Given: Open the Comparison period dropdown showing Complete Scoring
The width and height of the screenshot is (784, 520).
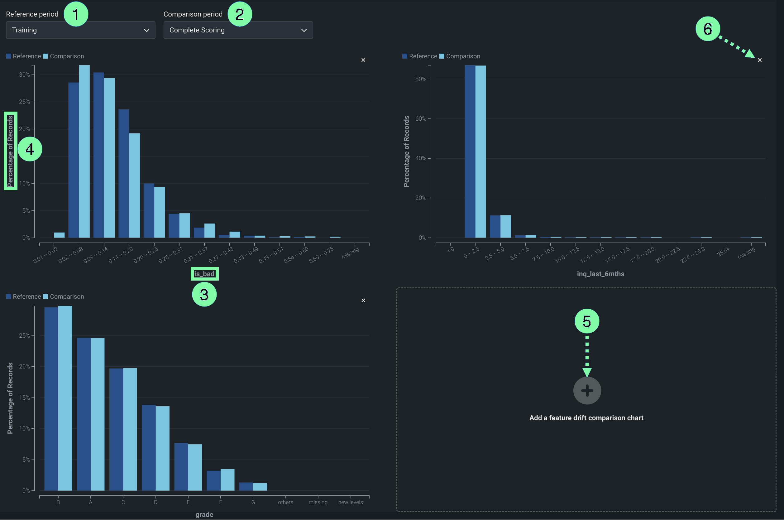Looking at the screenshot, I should point(238,30).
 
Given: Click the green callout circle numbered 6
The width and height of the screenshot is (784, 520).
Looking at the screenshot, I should point(707,29).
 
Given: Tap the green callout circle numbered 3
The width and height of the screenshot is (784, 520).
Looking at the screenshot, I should point(204,295).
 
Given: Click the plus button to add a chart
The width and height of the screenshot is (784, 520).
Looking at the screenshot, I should point(587,390).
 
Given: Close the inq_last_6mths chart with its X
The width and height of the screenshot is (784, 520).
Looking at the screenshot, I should point(759,60).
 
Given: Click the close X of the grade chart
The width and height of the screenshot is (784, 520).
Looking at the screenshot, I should point(363,301).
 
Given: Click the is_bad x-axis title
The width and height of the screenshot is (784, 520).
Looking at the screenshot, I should point(204,274).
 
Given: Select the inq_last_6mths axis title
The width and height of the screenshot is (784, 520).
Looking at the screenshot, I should point(600,274).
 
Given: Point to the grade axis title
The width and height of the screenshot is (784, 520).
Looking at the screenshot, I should point(204,514).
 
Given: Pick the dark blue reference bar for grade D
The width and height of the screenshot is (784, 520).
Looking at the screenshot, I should point(149,447).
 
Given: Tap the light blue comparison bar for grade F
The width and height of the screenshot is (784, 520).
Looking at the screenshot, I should point(227,479).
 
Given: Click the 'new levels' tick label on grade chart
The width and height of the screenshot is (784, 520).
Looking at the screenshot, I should point(350,502).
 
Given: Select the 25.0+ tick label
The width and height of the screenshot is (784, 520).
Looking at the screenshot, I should point(723,252).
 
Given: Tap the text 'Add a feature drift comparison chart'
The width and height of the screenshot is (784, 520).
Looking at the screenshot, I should point(586,418).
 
